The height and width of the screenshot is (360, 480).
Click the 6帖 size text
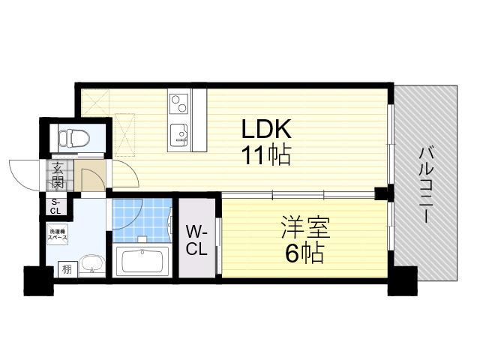304,253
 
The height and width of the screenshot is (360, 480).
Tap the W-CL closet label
196,240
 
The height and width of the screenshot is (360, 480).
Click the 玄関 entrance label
57,178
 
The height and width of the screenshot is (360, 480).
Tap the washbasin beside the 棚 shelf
91,265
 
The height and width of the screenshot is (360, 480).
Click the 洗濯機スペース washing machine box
58,234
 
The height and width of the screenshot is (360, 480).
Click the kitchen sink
179,134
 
